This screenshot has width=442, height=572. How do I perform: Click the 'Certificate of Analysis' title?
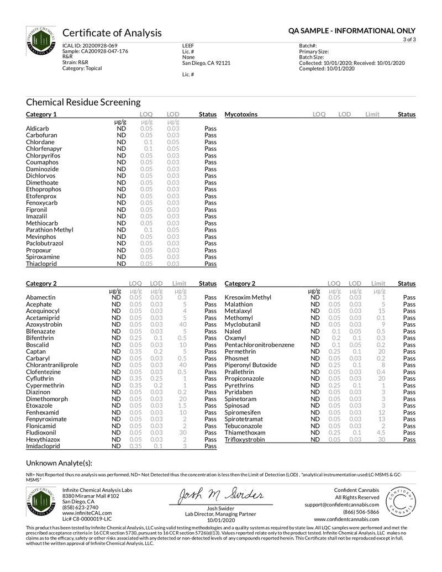(112, 33)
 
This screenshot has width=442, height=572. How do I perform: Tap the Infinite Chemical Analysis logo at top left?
(41, 41)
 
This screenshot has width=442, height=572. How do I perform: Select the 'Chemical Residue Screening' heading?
(83, 102)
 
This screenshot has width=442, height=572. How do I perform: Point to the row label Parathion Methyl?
(49, 230)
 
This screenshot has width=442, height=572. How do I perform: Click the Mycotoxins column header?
(241, 114)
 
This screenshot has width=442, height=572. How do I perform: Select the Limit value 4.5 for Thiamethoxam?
(381, 433)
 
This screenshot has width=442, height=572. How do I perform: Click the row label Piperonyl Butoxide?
(251, 365)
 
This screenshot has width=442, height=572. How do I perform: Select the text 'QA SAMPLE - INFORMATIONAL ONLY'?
(352, 31)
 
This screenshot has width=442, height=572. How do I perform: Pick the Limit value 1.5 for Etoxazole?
(180, 406)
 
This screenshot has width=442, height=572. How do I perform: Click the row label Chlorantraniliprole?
(52, 365)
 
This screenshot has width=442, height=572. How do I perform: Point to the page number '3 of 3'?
(409, 40)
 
